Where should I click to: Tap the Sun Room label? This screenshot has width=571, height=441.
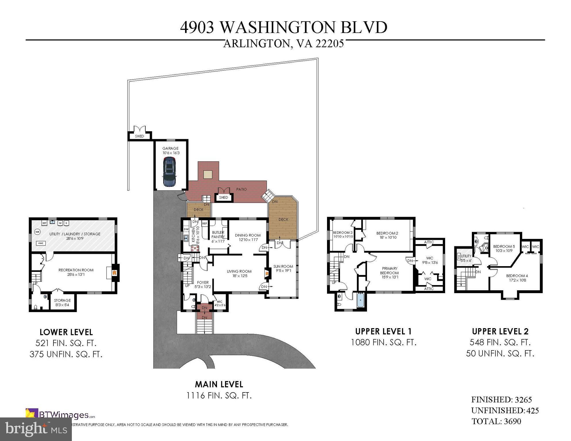pos(283,268)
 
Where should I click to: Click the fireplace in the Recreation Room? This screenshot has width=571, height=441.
pos(114,272)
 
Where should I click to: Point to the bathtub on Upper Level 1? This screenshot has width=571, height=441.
pos(360,300)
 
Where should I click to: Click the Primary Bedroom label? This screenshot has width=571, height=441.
pos(389,273)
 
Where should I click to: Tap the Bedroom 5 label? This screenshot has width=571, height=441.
pos(504,248)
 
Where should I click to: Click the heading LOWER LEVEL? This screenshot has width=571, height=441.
pos(66,332)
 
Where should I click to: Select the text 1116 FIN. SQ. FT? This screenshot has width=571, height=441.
pos(219,396)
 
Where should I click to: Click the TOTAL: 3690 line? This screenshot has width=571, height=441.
pos(496,421)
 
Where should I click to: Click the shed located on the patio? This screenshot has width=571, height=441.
pos(224,197)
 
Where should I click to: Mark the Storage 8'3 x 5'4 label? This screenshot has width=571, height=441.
pos(62,303)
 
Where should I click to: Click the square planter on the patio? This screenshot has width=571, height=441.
pos(208,175)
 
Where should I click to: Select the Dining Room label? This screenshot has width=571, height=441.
pos(247,237)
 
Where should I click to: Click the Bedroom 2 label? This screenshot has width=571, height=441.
pos(387,235)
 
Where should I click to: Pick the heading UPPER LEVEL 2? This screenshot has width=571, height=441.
pos(500,331)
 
